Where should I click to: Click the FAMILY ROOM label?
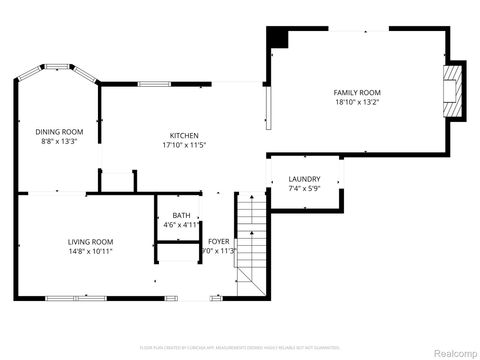[x=357, y=92]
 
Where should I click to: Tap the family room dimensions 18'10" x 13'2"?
[x=357, y=101]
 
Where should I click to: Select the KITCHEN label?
[x=183, y=135]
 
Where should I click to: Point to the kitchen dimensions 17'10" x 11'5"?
[x=183, y=145]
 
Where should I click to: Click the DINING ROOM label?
[x=59, y=131]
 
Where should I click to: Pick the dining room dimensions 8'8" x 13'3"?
[x=59, y=141]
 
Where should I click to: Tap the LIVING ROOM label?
[x=90, y=241]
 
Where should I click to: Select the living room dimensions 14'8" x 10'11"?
[x=90, y=251]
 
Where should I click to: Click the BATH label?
[x=181, y=215]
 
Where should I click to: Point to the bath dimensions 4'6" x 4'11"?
[x=181, y=225]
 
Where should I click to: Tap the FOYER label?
[x=218, y=241]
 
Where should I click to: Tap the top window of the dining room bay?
[x=59, y=66]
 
